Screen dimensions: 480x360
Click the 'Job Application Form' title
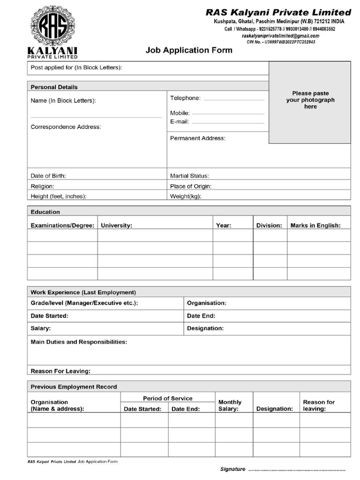pyautogui.click(x=189, y=50)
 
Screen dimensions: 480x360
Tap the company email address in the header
pyautogui.click(x=280, y=36)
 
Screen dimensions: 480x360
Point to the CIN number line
pyautogui.click(x=281, y=42)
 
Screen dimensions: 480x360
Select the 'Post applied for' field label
pyautogui.click(x=76, y=68)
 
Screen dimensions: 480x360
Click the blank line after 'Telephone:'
pyautogui.click(x=234, y=99)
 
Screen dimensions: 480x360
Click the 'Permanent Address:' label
pyautogui.click(x=197, y=138)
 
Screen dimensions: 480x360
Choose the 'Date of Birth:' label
pyautogui.click(x=48, y=176)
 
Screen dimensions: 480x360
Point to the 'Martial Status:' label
pyautogui.click(x=189, y=176)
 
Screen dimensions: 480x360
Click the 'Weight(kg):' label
pyautogui.click(x=186, y=196)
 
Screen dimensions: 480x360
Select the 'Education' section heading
pyautogui.click(x=45, y=212)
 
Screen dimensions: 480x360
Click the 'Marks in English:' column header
pyautogui.click(x=315, y=225)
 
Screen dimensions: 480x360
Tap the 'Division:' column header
pyautogui.click(x=269, y=225)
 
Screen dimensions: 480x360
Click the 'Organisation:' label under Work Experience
pyautogui.click(x=206, y=303)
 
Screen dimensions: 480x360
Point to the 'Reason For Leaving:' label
pyautogui.click(x=60, y=371)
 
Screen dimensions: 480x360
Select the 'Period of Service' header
pyautogui.click(x=167, y=398)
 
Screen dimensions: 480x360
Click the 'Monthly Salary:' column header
pyautogui.click(x=230, y=405)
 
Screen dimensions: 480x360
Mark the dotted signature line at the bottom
pyautogui.click(x=296, y=469)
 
